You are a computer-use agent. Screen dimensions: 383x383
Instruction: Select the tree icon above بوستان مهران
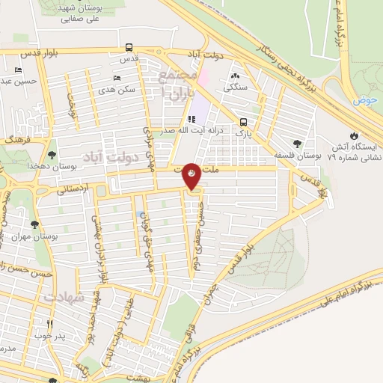tap(33, 222)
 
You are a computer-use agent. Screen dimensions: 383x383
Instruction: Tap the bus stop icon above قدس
tap(130, 46)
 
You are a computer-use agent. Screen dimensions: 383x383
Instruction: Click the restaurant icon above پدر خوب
tap(50, 324)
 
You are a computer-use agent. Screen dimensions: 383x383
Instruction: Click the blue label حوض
tap(366, 99)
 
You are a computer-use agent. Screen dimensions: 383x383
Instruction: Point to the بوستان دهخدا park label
tap(33, 165)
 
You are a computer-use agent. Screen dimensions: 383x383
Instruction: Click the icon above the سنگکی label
tap(236, 76)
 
